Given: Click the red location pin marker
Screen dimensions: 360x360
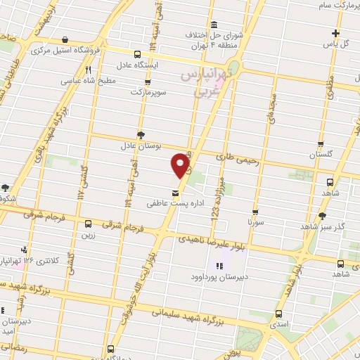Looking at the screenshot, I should pos(181,165).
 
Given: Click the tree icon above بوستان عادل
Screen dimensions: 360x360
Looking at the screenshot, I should pos(141,133).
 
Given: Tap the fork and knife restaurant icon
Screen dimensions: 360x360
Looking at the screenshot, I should pos(89,70).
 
